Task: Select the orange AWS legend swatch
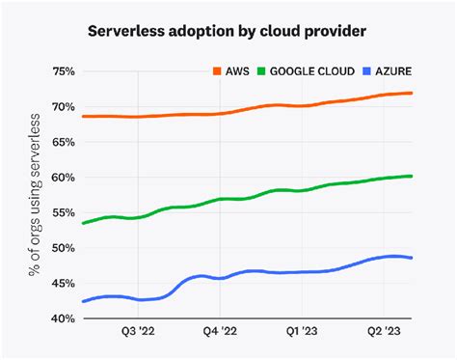click(218, 71)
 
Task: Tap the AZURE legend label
click(397, 71)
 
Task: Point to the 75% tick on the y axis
click(62, 71)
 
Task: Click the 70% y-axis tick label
click(62, 106)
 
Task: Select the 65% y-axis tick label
click(62, 142)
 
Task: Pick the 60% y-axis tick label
click(62, 178)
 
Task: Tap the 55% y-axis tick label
click(62, 212)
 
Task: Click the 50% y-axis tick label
click(62, 248)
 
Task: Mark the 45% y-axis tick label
click(62, 283)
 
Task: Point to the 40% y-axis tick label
click(62, 318)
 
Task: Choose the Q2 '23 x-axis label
click(385, 332)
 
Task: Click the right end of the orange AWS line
click(413, 94)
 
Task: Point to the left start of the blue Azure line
click(83, 301)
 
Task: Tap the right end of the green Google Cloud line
click(413, 176)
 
